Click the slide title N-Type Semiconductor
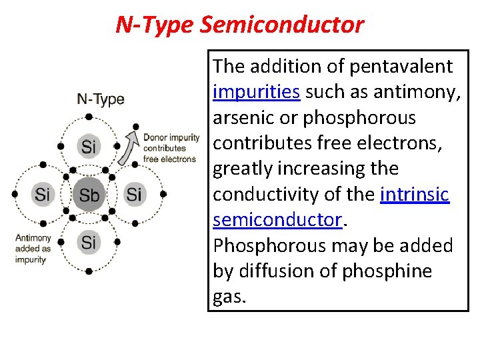click(x=239, y=25)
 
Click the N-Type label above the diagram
click(x=101, y=100)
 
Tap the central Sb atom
click(x=89, y=195)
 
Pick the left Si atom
click(x=43, y=194)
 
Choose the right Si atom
click(x=134, y=194)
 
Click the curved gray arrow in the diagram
click(x=127, y=148)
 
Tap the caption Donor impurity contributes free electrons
click(x=171, y=148)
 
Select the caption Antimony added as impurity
click(x=33, y=248)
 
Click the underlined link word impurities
click(x=256, y=92)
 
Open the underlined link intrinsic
click(x=415, y=195)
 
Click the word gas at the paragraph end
click(x=229, y=297)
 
